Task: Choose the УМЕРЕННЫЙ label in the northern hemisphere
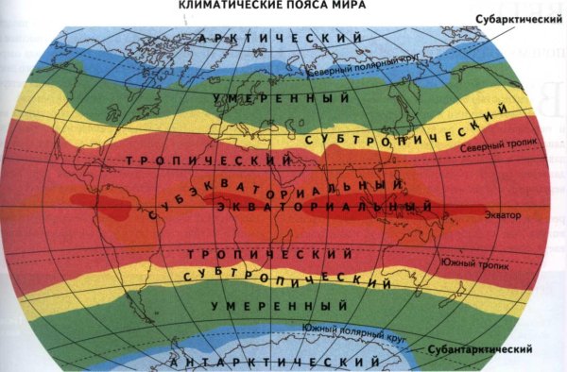click(x=275, y=98)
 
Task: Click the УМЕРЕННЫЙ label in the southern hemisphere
click(x=275, y=307)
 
